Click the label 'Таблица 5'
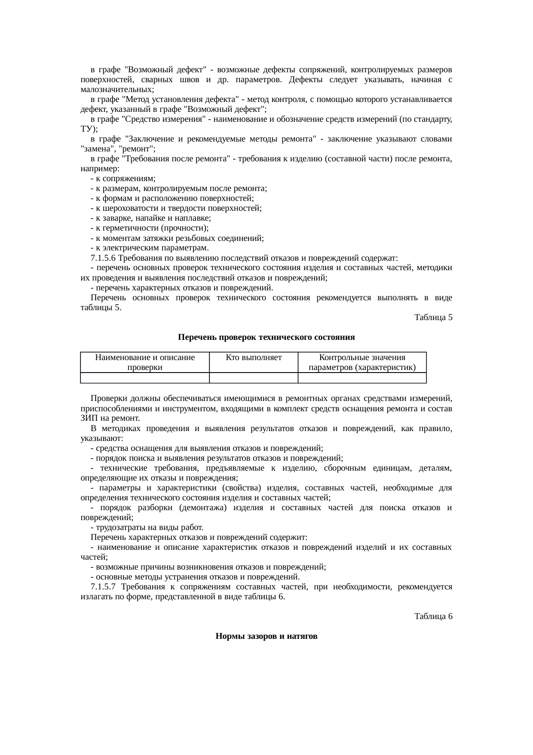[x=433, y=317]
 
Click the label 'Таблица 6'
[x=433, y=616]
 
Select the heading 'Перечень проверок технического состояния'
[x=266, y=337]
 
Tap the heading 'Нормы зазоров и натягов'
[x=266, y=636]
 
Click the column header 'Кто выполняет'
[x=254, y=357]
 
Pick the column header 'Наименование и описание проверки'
[x=145, y=362]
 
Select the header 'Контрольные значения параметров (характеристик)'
[x=362, y=362]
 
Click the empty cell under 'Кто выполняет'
[x=254, y=378]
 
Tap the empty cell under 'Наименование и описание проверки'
[x=145, y=378]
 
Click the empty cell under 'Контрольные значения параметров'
[x=362, y=378]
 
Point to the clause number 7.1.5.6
[x=103, y=258]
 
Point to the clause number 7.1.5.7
[x=103, y=587]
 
